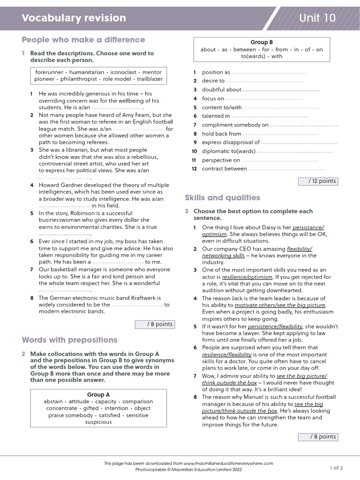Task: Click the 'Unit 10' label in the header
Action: click(317, 18)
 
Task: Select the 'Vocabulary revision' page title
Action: click(74, 18)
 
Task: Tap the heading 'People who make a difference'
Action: click(83, 40)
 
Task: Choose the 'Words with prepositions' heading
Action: click(70, 340)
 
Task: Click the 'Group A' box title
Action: click(98, 395)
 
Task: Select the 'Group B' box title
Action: click(262, 43)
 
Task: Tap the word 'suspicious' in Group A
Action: click(98, 422)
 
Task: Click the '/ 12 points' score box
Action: click(317, 181)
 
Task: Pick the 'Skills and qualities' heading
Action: click(223, 198)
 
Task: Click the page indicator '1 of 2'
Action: click(336, 468)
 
